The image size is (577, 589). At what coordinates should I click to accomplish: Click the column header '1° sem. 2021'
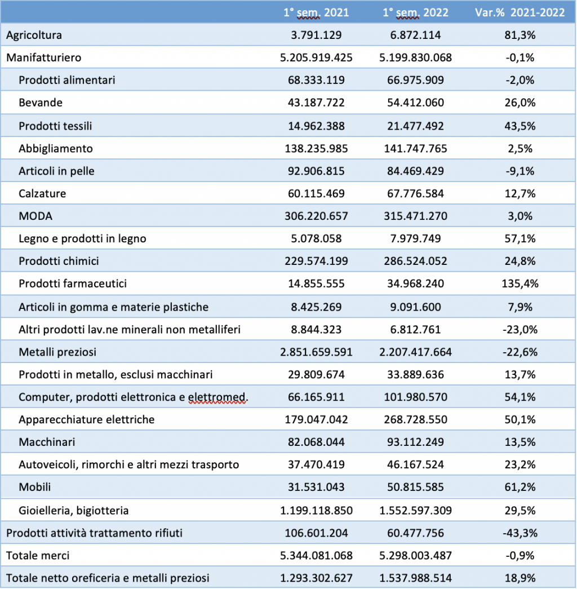click(316, 13)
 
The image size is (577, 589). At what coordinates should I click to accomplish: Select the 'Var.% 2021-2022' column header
click(520, 13)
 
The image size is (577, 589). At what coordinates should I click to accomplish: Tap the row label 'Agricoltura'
click(34, 36)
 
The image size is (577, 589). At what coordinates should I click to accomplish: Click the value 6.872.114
click(415, 36)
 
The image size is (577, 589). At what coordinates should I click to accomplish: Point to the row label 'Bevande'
click(41, 103)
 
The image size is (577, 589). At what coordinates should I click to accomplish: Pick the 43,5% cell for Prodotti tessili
click(520, 126)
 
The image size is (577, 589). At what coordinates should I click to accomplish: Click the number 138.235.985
click(316, 148)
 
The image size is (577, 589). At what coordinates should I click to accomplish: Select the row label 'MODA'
click(35, 216)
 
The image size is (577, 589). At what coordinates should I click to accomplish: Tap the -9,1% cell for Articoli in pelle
click(520, 171)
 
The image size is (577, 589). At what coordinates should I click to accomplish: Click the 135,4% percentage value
click(520, 284)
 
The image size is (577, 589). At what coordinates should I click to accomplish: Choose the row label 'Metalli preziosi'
click(57, 352)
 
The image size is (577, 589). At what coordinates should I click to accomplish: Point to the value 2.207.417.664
click(415, 352)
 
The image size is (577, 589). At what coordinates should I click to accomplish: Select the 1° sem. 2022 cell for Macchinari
click(415, 442)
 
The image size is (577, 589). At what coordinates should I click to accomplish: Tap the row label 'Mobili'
click(34, 487)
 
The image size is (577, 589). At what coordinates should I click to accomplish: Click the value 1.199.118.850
click(316, 511)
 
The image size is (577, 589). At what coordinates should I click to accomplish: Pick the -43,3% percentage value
click(520, 533)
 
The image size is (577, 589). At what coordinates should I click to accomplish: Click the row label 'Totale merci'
click(38, 556)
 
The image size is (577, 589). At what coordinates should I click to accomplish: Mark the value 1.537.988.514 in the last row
click(415, 578)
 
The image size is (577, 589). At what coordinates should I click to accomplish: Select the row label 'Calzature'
click(42, 193)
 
